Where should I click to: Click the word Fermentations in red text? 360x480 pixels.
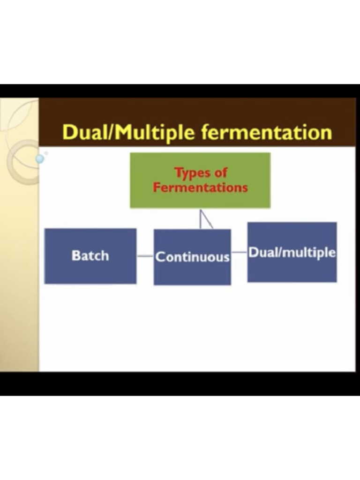pos(200,187)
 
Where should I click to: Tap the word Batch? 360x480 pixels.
pos(90,255)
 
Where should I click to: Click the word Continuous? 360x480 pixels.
pos(192,257)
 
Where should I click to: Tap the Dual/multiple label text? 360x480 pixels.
pos(292,253)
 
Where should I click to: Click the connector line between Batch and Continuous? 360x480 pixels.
pos(145,256)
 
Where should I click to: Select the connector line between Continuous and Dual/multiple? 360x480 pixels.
pos(239,252)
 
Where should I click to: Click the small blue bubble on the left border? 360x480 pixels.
pos(40,159)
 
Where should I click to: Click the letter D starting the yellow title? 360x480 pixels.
pos(69,133)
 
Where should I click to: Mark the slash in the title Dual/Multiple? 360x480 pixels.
pos(112,133)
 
